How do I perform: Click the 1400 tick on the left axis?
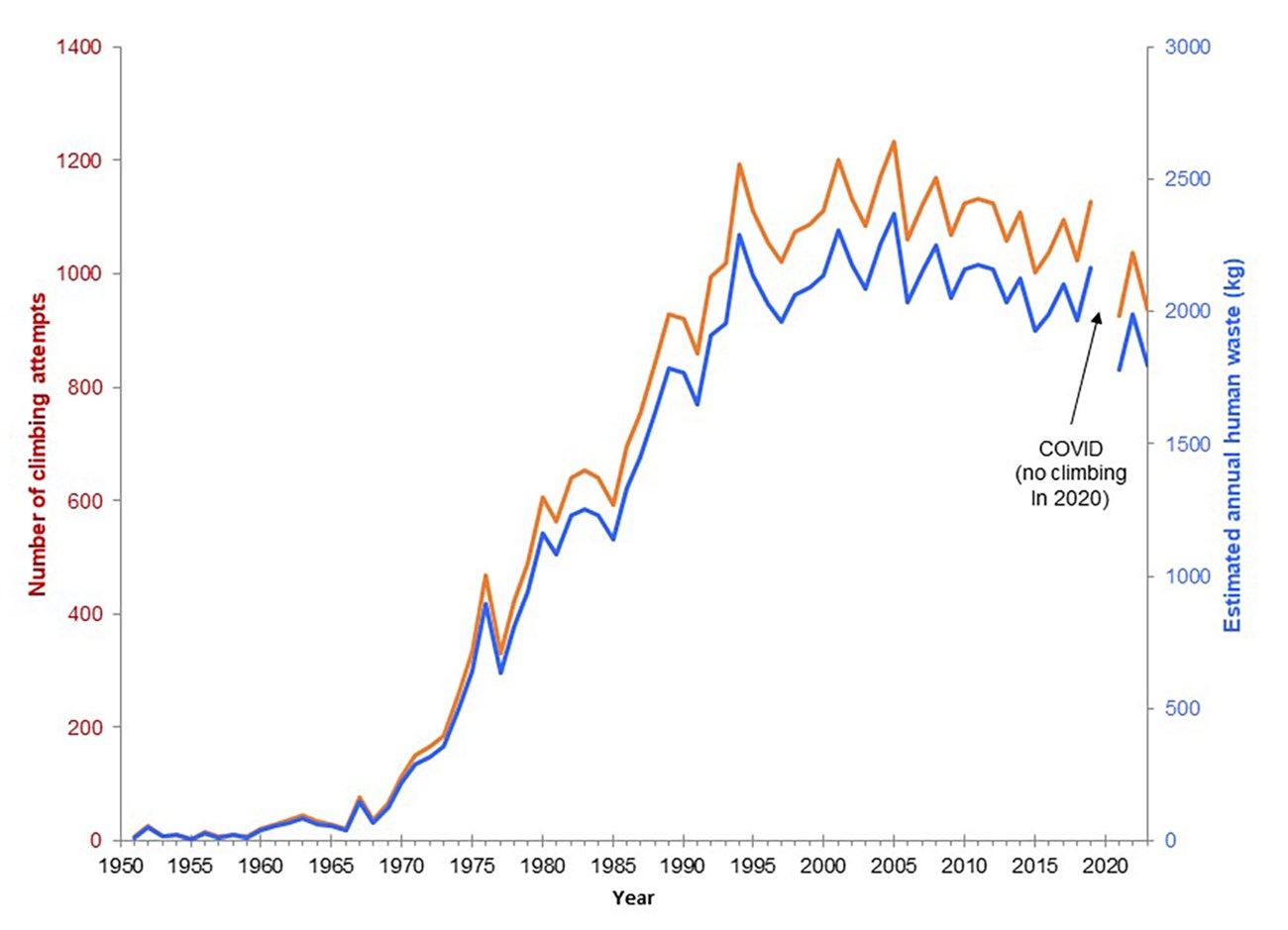(x=84, y=48)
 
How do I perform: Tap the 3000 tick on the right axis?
(x=1190, y=48)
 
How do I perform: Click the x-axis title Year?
(x=633, y=898)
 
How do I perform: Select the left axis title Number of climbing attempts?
(x=38, y=444)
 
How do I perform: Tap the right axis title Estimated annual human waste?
(x=1234, y=446)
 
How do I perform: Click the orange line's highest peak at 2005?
(x=894, y=142)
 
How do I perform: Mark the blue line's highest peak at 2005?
(x=894, y=214)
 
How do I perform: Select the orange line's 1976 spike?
(x=486, y=574)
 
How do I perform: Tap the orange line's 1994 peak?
(x=739, y=164)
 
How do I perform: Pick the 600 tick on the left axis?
(x=89, y=500)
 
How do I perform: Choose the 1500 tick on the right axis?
(x=1190, y=444)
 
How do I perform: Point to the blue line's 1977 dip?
(x=500, y=672)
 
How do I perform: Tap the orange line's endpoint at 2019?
(x=1090, y=202)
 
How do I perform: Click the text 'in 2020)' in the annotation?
(x=1061, y=499)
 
